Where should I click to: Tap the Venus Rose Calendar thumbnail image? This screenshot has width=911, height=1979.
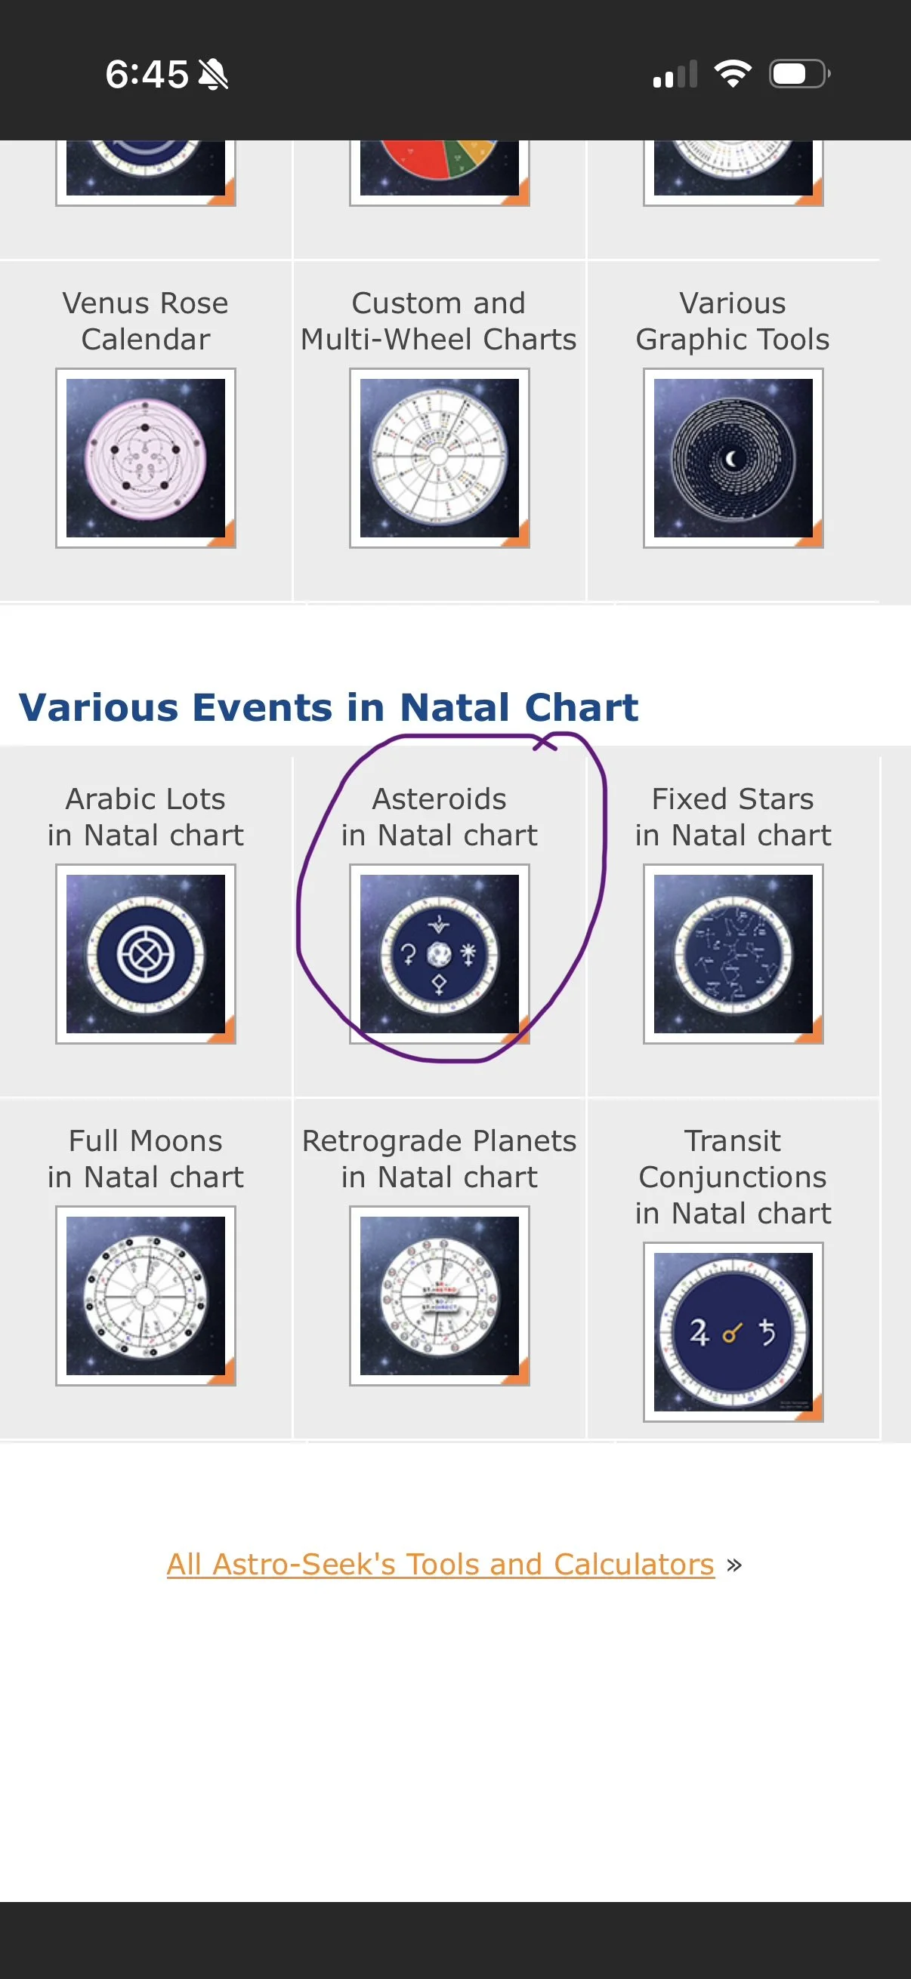[145, 458]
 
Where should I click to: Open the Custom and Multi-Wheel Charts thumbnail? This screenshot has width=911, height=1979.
[439, 458]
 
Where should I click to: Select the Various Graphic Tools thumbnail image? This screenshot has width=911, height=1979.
[733, 458]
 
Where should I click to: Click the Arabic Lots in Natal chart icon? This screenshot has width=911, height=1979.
[145, 953]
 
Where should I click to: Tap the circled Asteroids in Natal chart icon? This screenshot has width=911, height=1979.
[439, 953]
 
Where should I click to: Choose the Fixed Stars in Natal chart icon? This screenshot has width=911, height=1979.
[733, 953]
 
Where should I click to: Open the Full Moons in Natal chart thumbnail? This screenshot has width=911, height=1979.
[145, 1295]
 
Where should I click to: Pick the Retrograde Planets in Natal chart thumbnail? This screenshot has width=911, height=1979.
[439, 1295]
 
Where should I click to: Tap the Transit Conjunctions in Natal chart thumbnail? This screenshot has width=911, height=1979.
[733, 1331]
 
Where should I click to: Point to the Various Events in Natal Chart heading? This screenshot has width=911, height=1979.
[329, 707]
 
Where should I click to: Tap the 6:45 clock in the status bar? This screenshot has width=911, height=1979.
[146, 75]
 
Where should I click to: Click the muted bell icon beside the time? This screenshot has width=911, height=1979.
[213, 75]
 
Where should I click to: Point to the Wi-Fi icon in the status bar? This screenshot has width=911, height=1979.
[733, 74]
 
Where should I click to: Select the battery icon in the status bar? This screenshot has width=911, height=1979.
[798, 74]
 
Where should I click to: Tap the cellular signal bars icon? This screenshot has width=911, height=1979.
[675, 75]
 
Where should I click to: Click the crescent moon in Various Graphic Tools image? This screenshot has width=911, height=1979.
[732, 460]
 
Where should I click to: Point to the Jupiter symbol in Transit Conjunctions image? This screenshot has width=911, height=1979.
[698, 1332]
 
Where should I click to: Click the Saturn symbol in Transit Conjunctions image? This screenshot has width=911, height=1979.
[767, 1332]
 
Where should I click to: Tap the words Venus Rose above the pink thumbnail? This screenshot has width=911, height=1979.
[145, 303]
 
